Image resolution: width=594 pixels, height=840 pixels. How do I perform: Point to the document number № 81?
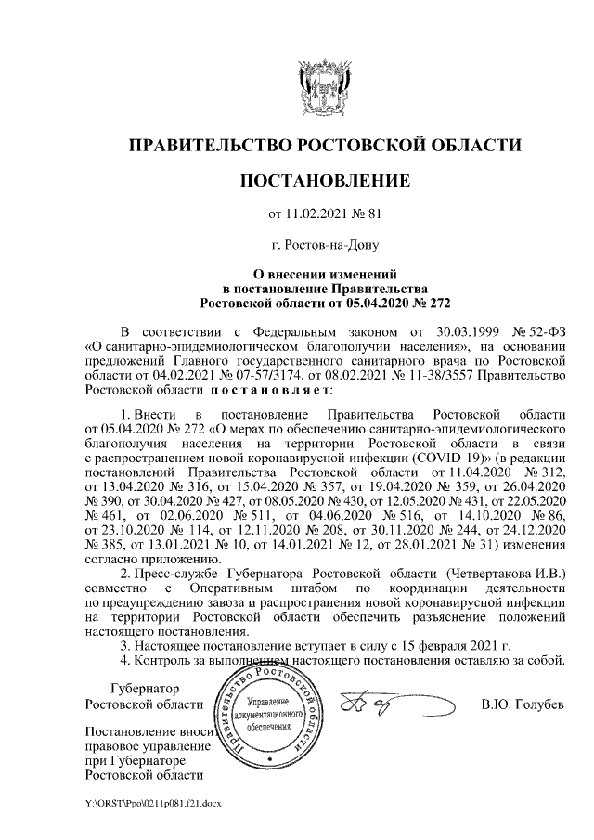pos(368,214)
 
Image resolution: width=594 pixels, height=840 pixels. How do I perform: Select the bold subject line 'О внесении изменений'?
pos(325,275)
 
